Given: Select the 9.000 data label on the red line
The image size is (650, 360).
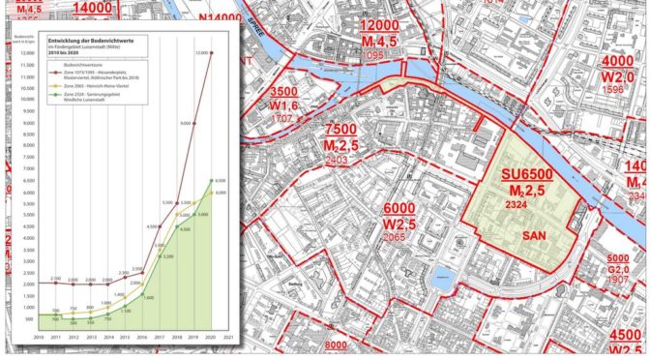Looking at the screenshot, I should (185, 123).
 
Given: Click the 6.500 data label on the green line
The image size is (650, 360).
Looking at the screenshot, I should (219, 180).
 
